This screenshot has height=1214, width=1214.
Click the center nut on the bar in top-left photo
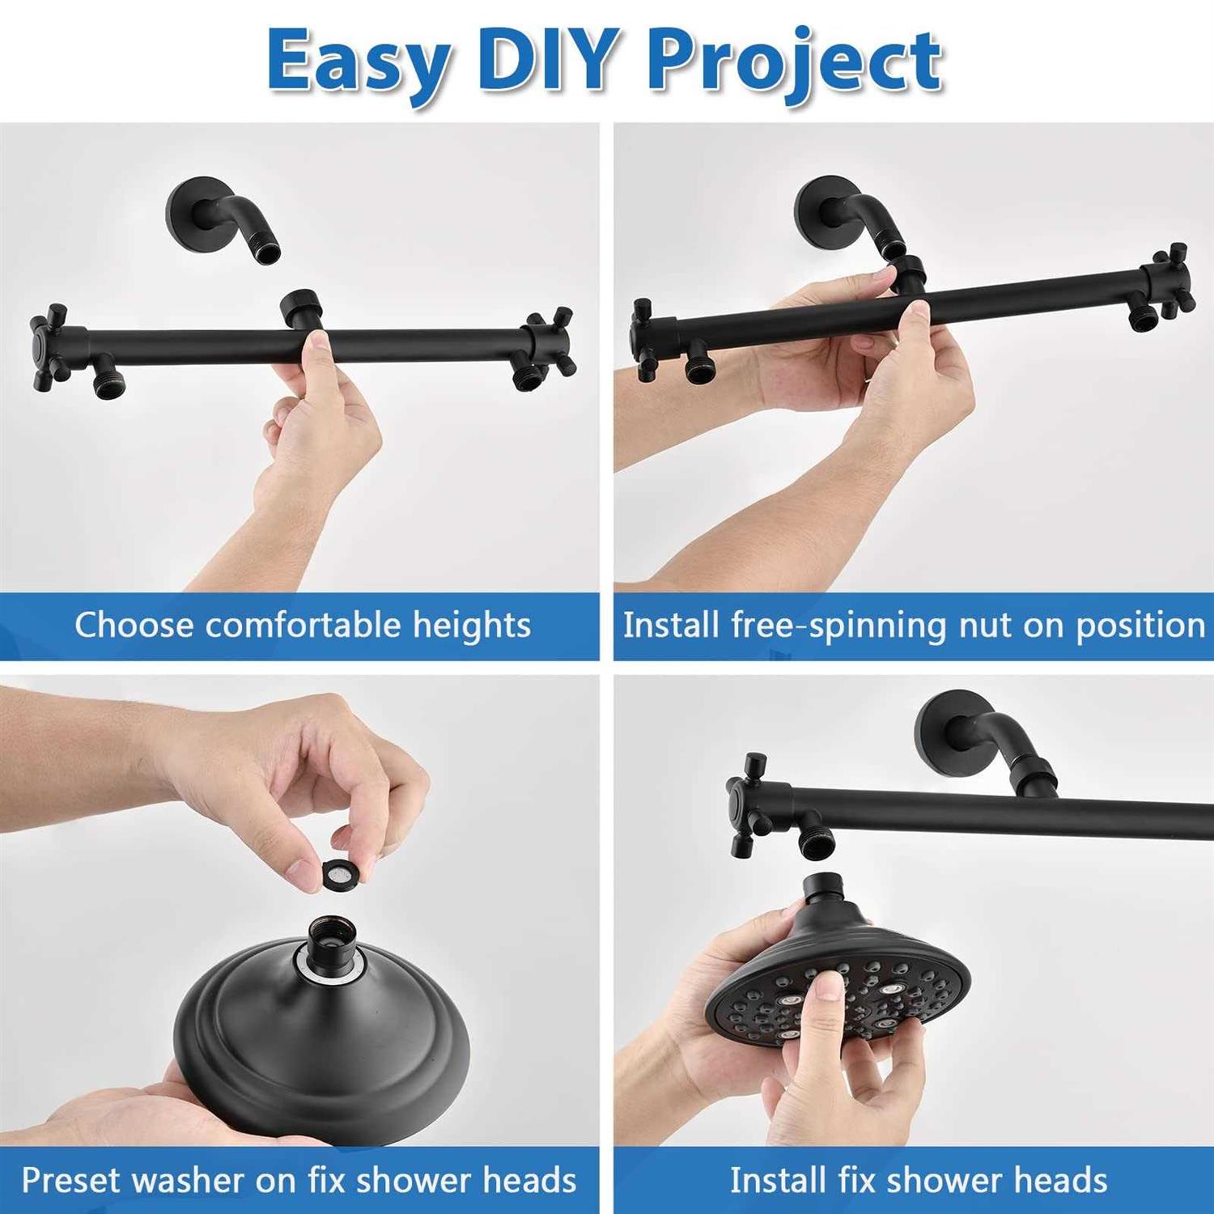point(302,308)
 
